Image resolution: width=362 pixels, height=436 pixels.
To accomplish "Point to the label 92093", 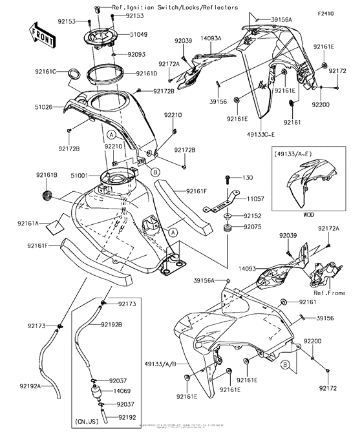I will coord(136,55).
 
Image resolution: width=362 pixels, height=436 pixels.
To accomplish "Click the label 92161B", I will coord(47,175).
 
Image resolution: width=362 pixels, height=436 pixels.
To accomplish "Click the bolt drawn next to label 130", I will coord(228,178).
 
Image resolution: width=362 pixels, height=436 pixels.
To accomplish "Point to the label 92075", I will coord(253,227).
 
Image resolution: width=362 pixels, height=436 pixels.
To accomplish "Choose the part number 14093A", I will coord(211,38).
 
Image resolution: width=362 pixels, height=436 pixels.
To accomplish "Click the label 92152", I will coord(253,215).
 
